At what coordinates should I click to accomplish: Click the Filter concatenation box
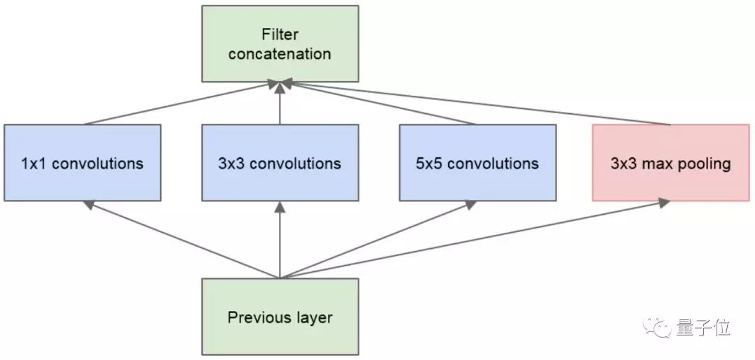click(x=280, y=43)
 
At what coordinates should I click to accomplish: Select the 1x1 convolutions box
click(x=82, y=163)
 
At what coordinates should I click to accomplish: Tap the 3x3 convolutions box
click(x=280, y=163)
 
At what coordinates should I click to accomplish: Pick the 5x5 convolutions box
click(x=477, y=163)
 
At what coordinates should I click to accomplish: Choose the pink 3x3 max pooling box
click(x=670, y=163)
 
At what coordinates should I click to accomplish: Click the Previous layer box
click(x=280, y=317)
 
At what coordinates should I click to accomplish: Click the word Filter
click(x=280, y=34)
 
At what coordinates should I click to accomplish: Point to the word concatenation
click(x=280, y=54)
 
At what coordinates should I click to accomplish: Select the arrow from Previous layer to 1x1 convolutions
click(x=182, y=240)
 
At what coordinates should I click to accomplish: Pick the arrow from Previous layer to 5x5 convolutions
click(x=377, y=240)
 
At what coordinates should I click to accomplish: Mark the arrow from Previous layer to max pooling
click(x=475, y=239)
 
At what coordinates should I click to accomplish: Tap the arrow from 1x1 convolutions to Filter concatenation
click(x=182, y=104)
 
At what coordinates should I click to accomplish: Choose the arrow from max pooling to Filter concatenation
click(x=475, y=104)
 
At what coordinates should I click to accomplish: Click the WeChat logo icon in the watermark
click(x=659, y=326)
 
